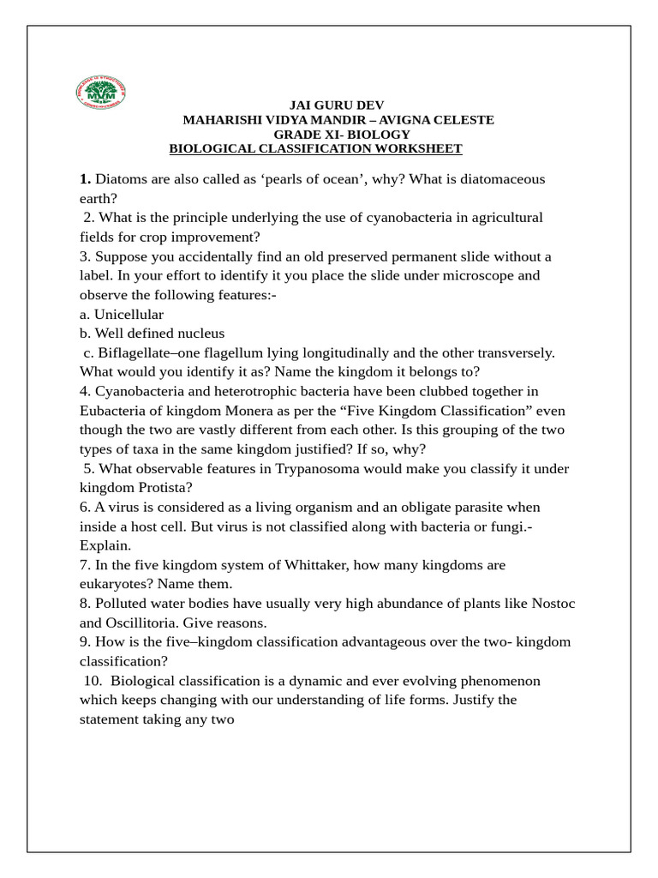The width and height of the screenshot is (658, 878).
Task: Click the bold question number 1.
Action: [85, 179]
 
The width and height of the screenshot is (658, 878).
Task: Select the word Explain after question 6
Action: [105, 545]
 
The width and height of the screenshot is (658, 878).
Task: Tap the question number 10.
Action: [93, 681]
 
